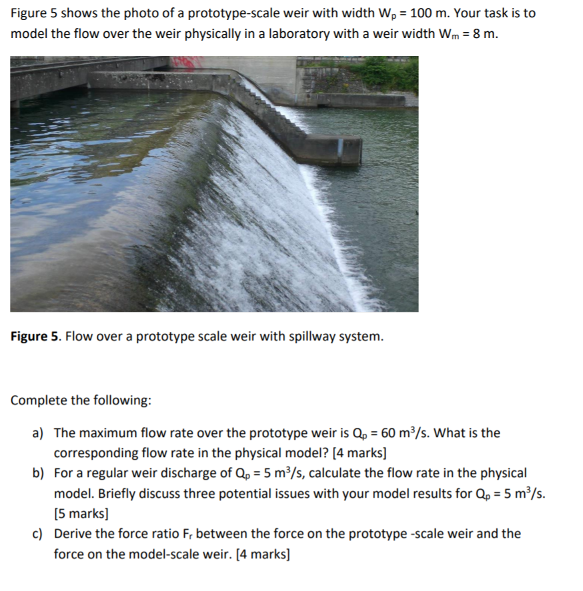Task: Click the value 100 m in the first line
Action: (x=425, y=13)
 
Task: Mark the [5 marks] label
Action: (x=81, y=514)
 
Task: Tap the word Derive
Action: (x=73, y=534)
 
